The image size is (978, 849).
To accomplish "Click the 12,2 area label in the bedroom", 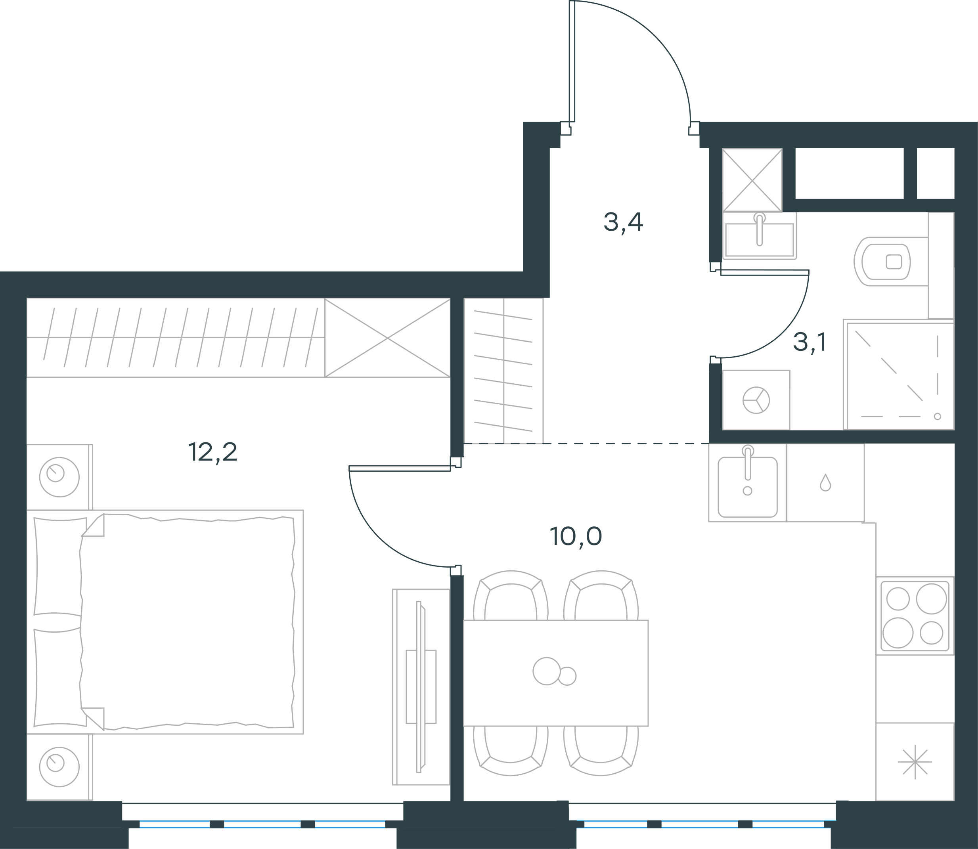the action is coord(213,453).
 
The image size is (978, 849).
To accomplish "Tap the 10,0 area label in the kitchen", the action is coord(576,537).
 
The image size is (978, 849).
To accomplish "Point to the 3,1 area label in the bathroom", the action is coord(810,342).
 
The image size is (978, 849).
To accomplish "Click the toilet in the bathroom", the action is coord(891,262).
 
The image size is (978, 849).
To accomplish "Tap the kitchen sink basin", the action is coord(748,487).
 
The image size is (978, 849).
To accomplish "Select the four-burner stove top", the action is coord(915,616).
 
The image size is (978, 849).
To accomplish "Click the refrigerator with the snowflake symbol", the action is coord(915,761).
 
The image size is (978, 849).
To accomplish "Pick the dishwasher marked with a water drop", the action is coord(825,483).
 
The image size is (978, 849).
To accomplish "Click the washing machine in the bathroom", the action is coord(756,400).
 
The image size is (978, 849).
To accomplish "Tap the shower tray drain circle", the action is coord(937,417).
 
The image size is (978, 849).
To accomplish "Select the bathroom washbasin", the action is coord(760,235).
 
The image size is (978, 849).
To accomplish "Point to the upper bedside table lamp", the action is coord(59,477).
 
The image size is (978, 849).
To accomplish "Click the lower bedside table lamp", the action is coord(59,767).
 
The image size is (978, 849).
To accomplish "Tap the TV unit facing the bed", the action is coord(421,687).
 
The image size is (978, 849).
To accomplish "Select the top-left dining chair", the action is coord(511,596).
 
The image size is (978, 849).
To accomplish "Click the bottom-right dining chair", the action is coord(601,750).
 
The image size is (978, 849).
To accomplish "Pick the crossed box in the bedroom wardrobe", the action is coord(388,338).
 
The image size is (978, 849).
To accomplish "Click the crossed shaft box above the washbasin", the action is coord(752,180).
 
